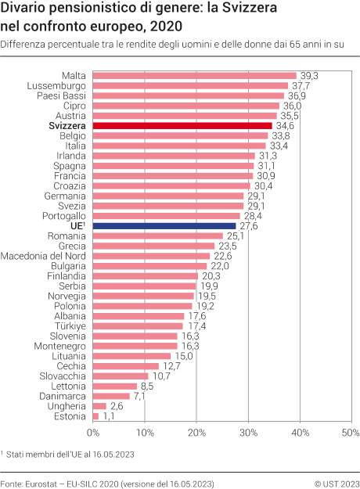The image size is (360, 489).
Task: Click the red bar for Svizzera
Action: click(x=182, y=125)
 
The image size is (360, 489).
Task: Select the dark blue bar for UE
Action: click(x=164, y=225)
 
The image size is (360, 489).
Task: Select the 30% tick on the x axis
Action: click(x=248, y=432)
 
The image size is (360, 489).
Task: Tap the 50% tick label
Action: click(x=351, y=432)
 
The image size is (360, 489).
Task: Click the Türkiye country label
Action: click(x=69, y=325)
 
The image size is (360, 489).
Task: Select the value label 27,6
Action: click(x=248, y=225)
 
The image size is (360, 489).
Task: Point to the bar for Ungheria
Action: click(x=99, y=406)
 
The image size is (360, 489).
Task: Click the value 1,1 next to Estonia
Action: click(x=110, y=416)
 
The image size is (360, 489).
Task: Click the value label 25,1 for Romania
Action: click(x=236, y=236)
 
